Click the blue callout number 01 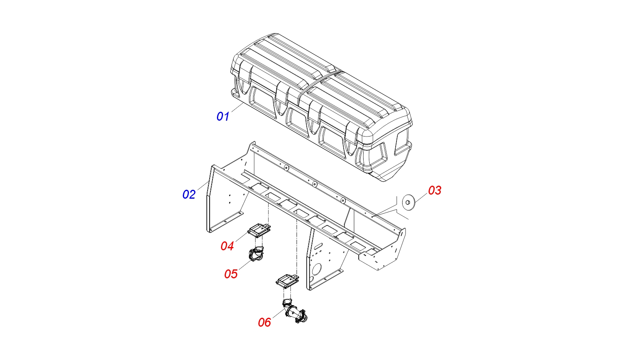(x=223, y=117)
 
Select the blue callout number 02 (x=189, y=195)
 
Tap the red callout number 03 (x=435, y=191)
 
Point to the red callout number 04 (x=227, y=246)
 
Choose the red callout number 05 (x=231, y=274)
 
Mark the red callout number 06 (x=264, y=322)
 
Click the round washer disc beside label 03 (x=408, y=203)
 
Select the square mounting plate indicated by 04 (x=259, y=230)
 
